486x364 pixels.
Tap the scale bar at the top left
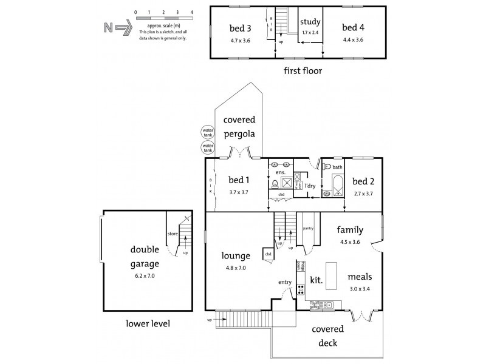163,19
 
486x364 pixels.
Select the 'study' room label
310,22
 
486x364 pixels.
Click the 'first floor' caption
302,71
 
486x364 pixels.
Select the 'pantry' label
307,229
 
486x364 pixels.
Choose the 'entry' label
285,281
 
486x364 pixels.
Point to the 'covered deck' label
327,336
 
